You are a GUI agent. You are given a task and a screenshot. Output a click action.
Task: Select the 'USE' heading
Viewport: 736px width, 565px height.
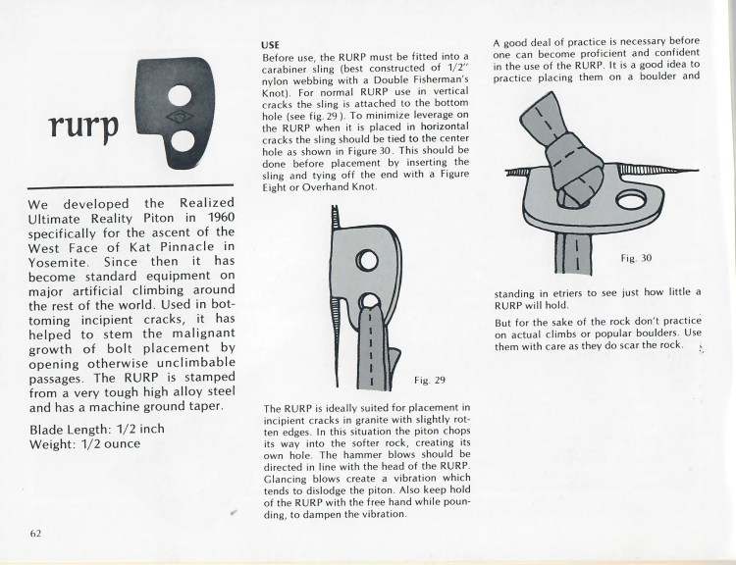tap(271, 45)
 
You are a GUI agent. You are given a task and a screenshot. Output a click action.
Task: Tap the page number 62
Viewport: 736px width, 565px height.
tap(35, 534)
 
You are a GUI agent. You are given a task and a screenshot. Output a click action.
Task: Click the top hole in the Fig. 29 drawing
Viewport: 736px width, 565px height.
tap(366, 259)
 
